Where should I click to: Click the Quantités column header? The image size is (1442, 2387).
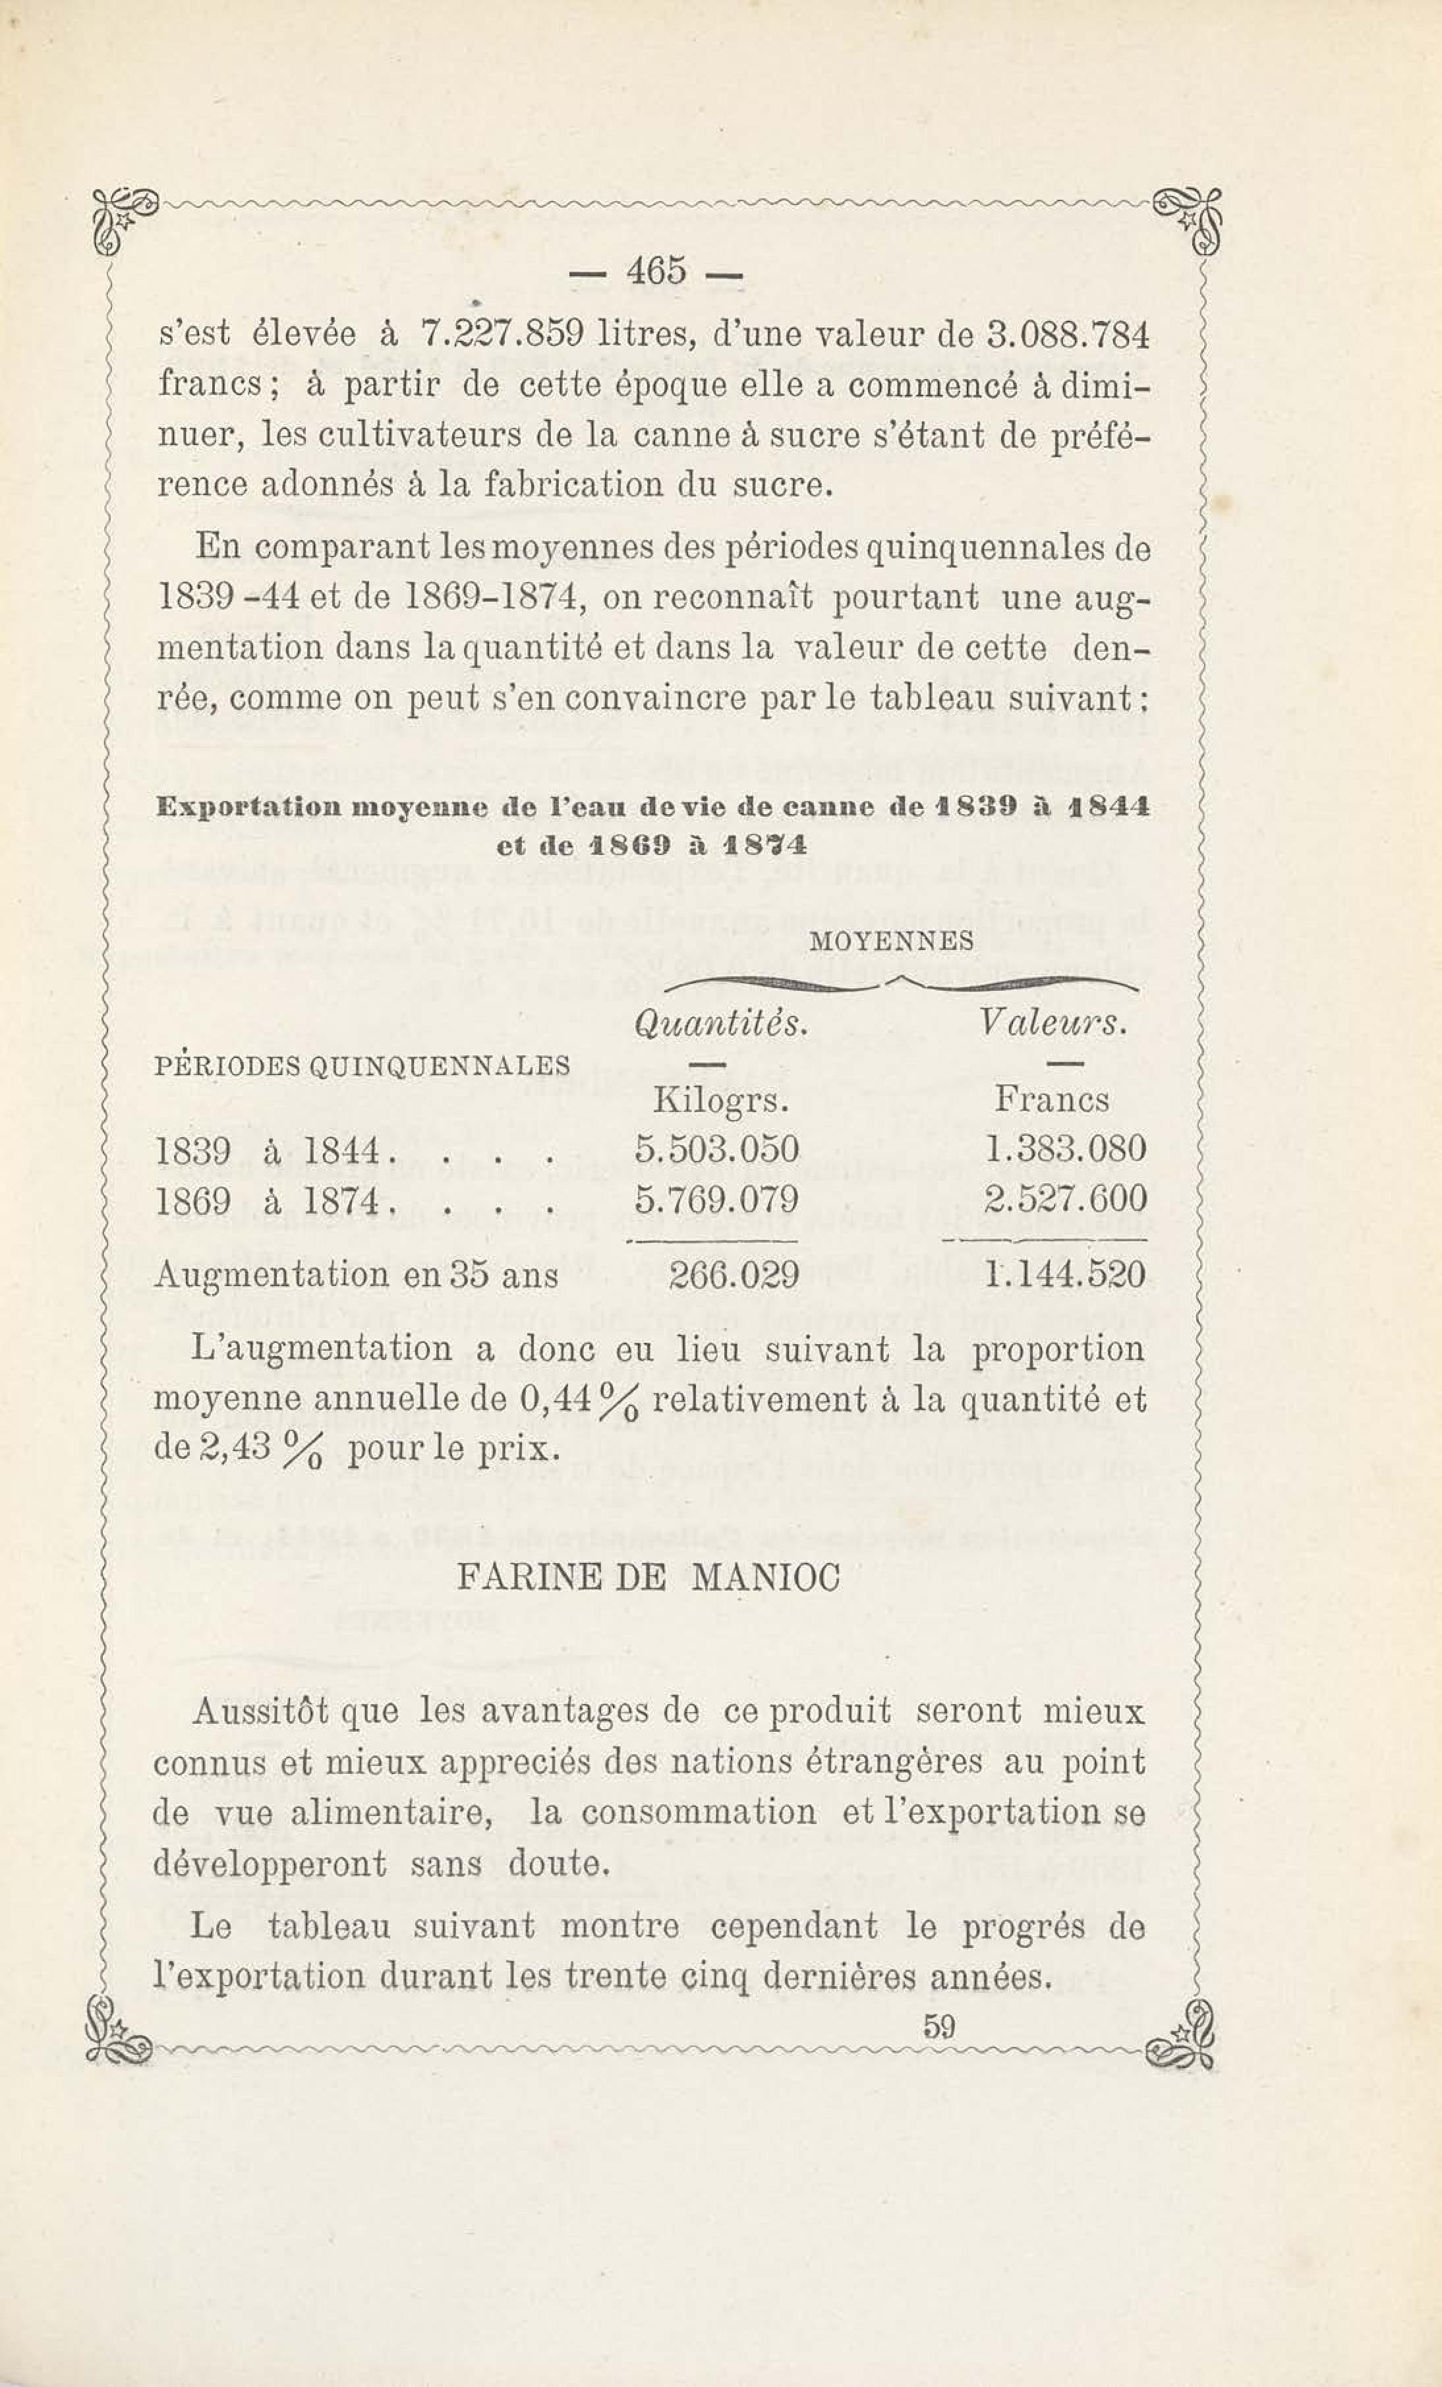point(720,1024)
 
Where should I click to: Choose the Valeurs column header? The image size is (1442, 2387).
point(1053,1024)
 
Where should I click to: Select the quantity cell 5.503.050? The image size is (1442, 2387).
point(716,1150)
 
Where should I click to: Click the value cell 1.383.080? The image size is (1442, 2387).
point(1064,1150)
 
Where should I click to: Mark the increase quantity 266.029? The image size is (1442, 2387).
point(735,1274)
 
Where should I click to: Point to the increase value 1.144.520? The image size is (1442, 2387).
point(1064,1274)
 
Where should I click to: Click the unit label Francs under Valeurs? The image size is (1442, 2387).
point(1052,1100)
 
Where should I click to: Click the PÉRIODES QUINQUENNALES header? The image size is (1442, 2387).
point(362,1067)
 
